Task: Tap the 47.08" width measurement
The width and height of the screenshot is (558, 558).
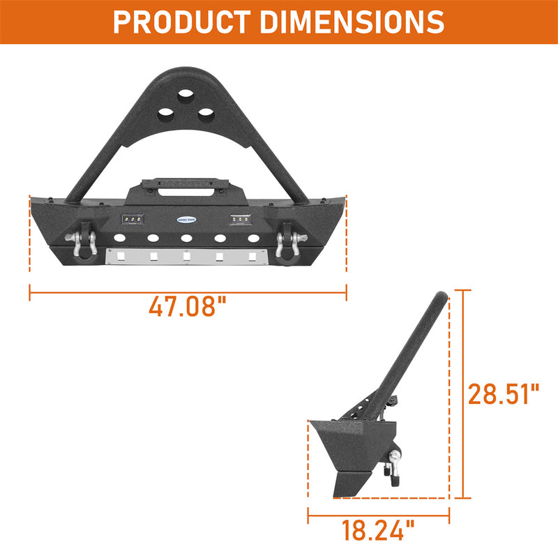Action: (x=188, y=306)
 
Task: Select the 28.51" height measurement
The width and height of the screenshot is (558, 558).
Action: (x=504, y=394)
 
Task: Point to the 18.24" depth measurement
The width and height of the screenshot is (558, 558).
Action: (x=377, y=532)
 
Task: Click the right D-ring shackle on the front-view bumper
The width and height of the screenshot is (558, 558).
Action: (x=287, y=241)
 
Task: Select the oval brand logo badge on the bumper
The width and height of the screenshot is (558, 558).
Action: (x=187, y=218)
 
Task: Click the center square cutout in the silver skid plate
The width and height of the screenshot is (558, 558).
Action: (x=187, y=257)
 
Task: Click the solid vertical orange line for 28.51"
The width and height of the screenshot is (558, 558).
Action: (x=461, y=394)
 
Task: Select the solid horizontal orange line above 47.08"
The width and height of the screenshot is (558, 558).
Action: (x=188, y=291)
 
